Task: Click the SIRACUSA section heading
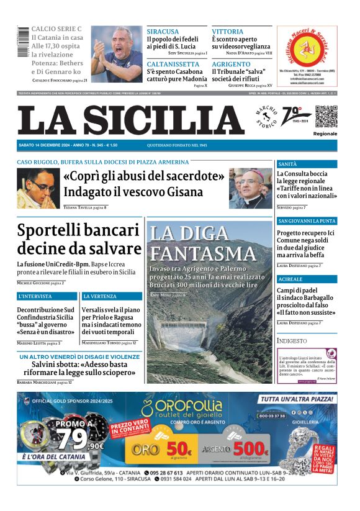[x=163, y=31]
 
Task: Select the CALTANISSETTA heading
[x=173, y=64]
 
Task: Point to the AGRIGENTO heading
[x=231, y=64]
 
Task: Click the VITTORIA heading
[x=228, y=31]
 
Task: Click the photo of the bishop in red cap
[x=250, y=188]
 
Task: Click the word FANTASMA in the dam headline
[x=194, y=253]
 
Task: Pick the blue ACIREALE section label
[x=291, y=279]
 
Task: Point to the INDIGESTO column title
[x=292, y=341]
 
